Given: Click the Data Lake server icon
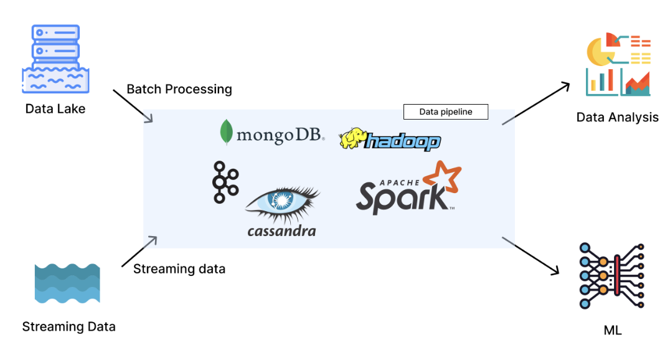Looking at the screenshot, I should (x=55, y=59).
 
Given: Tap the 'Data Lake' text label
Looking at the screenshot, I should (x=55, y=109).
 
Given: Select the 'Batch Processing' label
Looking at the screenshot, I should (x=179, y=89).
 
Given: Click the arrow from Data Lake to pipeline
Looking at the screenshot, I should (x=132, y=105).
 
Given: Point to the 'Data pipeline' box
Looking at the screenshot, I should (x=445, y=112).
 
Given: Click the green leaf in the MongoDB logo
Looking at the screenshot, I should (x=227, y=131).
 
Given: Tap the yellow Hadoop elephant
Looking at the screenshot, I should (x=353, y=138).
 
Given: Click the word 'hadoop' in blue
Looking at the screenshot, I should (x=403, y=141).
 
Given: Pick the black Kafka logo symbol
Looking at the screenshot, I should (x=225, y=182).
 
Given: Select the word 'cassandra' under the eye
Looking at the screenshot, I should (x=281, y=231).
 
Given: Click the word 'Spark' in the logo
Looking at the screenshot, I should (x=402, y=196).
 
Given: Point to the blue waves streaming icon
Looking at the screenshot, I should (x=67, y=283).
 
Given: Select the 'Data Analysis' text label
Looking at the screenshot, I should (x=617, y=117).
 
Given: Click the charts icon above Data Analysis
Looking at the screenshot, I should (x=618, y=65).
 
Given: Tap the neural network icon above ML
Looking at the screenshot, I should (x=611, y=275).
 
